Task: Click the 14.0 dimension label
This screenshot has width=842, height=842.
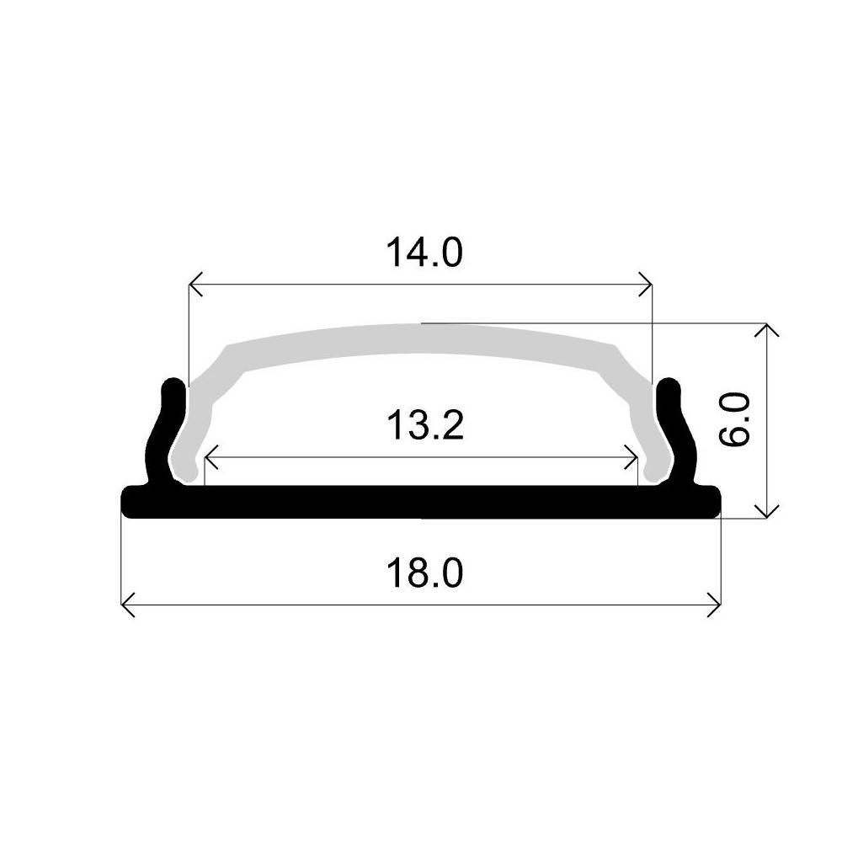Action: click(424, 253)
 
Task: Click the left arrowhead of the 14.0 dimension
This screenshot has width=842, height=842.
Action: click(194, 285)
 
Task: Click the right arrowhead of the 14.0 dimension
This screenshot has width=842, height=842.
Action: click(647, 285)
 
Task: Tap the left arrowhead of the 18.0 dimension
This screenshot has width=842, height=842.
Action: click(127, 604)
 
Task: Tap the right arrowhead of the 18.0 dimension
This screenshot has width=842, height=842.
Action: click(717, 604)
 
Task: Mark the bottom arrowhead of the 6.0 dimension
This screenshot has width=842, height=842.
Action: click(765, 512)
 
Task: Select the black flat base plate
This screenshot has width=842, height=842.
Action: click(421, 501)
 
